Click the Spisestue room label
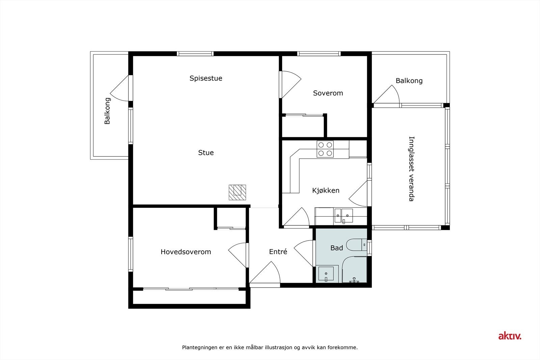[206, 78]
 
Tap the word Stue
[206, 153]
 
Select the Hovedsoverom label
[186, 252]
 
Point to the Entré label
[278, 252]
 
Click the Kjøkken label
[326, 191]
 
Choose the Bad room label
[336, 248]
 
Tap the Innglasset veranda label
[411, 169]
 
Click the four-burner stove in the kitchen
[325, 149]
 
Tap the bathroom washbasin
[326, 274]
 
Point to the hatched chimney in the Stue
[237, 192]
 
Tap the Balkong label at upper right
[409, 81]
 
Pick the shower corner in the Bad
[354, 270]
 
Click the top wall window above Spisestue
[195, 54]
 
